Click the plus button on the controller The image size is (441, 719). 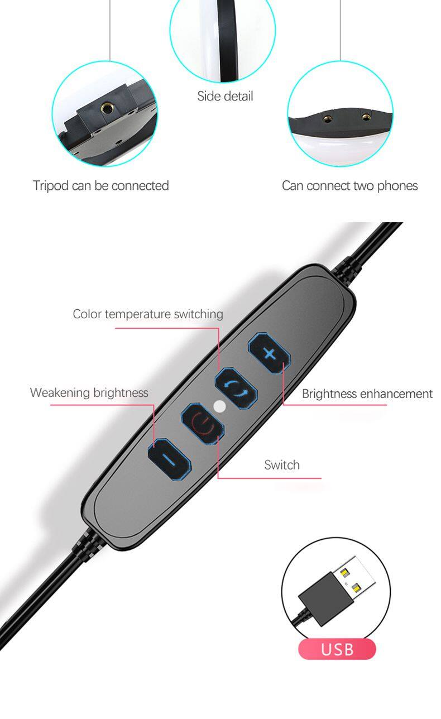click(x=270, y=353)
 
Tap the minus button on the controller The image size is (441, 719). click(x=169, y=459)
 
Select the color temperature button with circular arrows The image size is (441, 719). click(x=236, y=389)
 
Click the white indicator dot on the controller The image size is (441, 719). click(x=219, y=406)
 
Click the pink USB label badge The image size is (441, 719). click(x=337, y=649)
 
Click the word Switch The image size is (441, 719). click(x=282, y=465)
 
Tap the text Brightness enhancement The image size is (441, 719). click(x=367, y=394)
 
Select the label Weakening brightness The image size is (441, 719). click(x=89, y=392)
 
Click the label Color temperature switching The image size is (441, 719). click(x=147, y=314)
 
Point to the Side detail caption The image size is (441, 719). click(x=225, y=96)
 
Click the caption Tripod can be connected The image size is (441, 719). click(x=101, y=185)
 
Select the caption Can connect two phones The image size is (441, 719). click(x=349, y=185)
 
